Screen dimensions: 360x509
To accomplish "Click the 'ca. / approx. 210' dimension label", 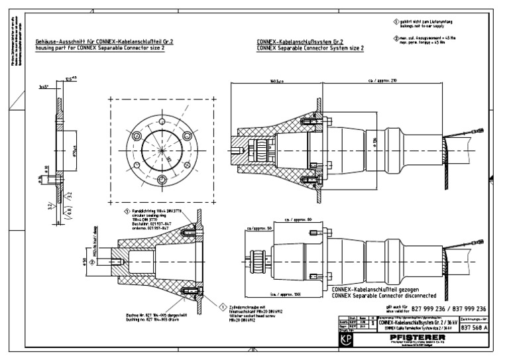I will click(388, 81).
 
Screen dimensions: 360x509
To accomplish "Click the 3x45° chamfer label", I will click(44, 87).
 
